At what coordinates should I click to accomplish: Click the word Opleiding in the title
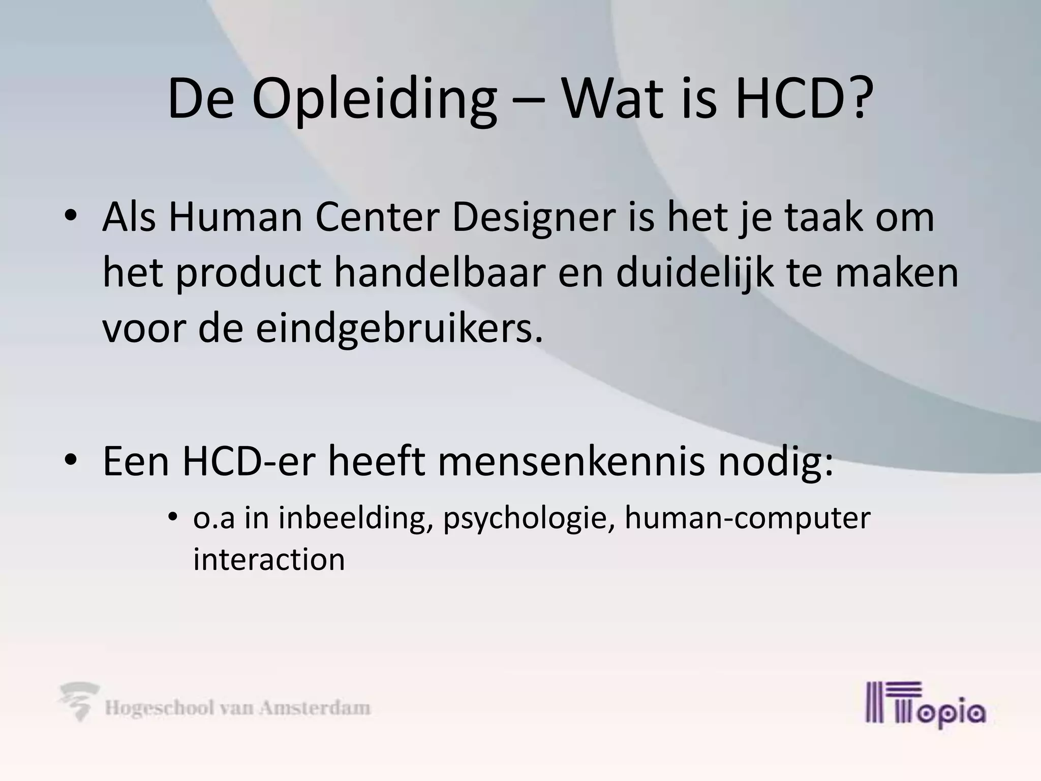click(x=374, y=100)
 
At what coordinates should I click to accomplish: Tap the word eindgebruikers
click(x=399, y=329)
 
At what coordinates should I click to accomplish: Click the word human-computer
click(x=748, y=519)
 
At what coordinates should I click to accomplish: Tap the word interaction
click(x=269, y=559)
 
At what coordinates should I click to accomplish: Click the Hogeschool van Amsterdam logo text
click(x=237, y=708)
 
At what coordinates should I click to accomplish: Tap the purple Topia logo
click(x=926, y=705)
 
